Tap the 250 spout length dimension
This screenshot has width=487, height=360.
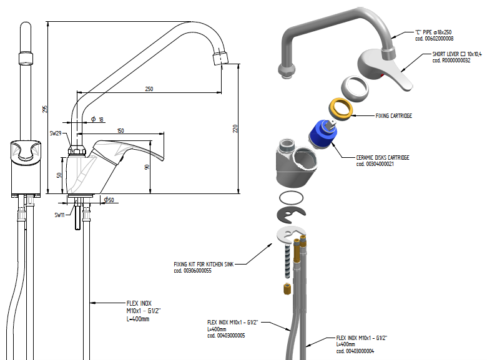pyautogui.click(x=149, y=89)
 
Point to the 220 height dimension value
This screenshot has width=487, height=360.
pyautogui.click(x=235, y=129)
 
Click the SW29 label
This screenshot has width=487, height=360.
pyautogui.click(x=56, y=134)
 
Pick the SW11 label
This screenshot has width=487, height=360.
pyautogui.click(x=60, y=215)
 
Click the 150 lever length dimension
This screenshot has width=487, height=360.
pyautogui.click(x=120, y=130)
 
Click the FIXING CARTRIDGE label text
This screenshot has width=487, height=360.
pyautogui.click(x=393, y=115)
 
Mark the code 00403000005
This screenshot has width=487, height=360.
pyautogui.click(x=225, y=335)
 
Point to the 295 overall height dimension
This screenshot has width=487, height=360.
pyautogui.click(x=44, y=109)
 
